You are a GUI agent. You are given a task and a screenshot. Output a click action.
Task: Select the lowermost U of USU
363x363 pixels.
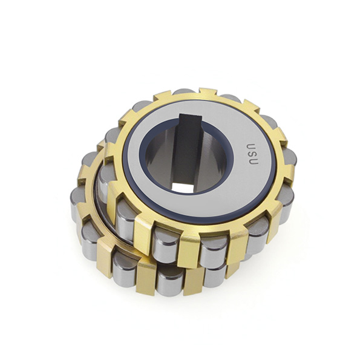click(x=253, y=161)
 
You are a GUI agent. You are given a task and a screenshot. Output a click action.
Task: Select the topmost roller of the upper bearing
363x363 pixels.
click(x=185, y=91)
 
